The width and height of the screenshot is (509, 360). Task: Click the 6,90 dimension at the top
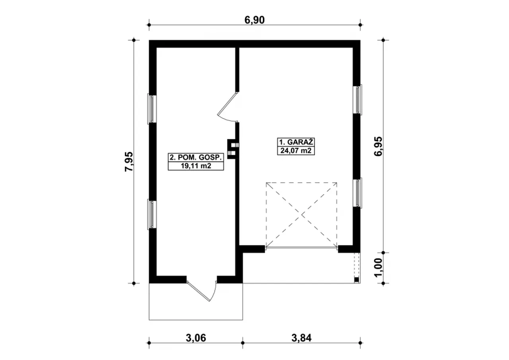254,20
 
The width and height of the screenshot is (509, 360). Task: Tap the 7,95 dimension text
129,162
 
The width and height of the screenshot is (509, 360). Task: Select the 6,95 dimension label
378,146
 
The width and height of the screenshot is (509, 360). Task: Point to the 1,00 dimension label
378,268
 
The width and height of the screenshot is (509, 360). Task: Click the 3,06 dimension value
196,338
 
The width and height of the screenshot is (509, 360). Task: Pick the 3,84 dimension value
301,338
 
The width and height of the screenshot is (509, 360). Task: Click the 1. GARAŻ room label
296,142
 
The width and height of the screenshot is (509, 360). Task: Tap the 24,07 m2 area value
296,151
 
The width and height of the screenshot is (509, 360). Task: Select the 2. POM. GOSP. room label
196,158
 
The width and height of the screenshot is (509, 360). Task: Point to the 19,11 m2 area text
196,166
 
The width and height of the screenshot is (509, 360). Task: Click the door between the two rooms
227,107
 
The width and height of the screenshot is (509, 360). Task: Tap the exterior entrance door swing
201,292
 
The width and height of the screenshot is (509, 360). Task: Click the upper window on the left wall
152,109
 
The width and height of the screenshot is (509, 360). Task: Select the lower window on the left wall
152,214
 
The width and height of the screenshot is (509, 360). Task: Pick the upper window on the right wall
357,99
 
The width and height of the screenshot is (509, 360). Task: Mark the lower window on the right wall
357,193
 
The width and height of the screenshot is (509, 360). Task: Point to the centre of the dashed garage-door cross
302,214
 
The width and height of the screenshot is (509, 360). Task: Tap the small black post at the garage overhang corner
357,280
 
